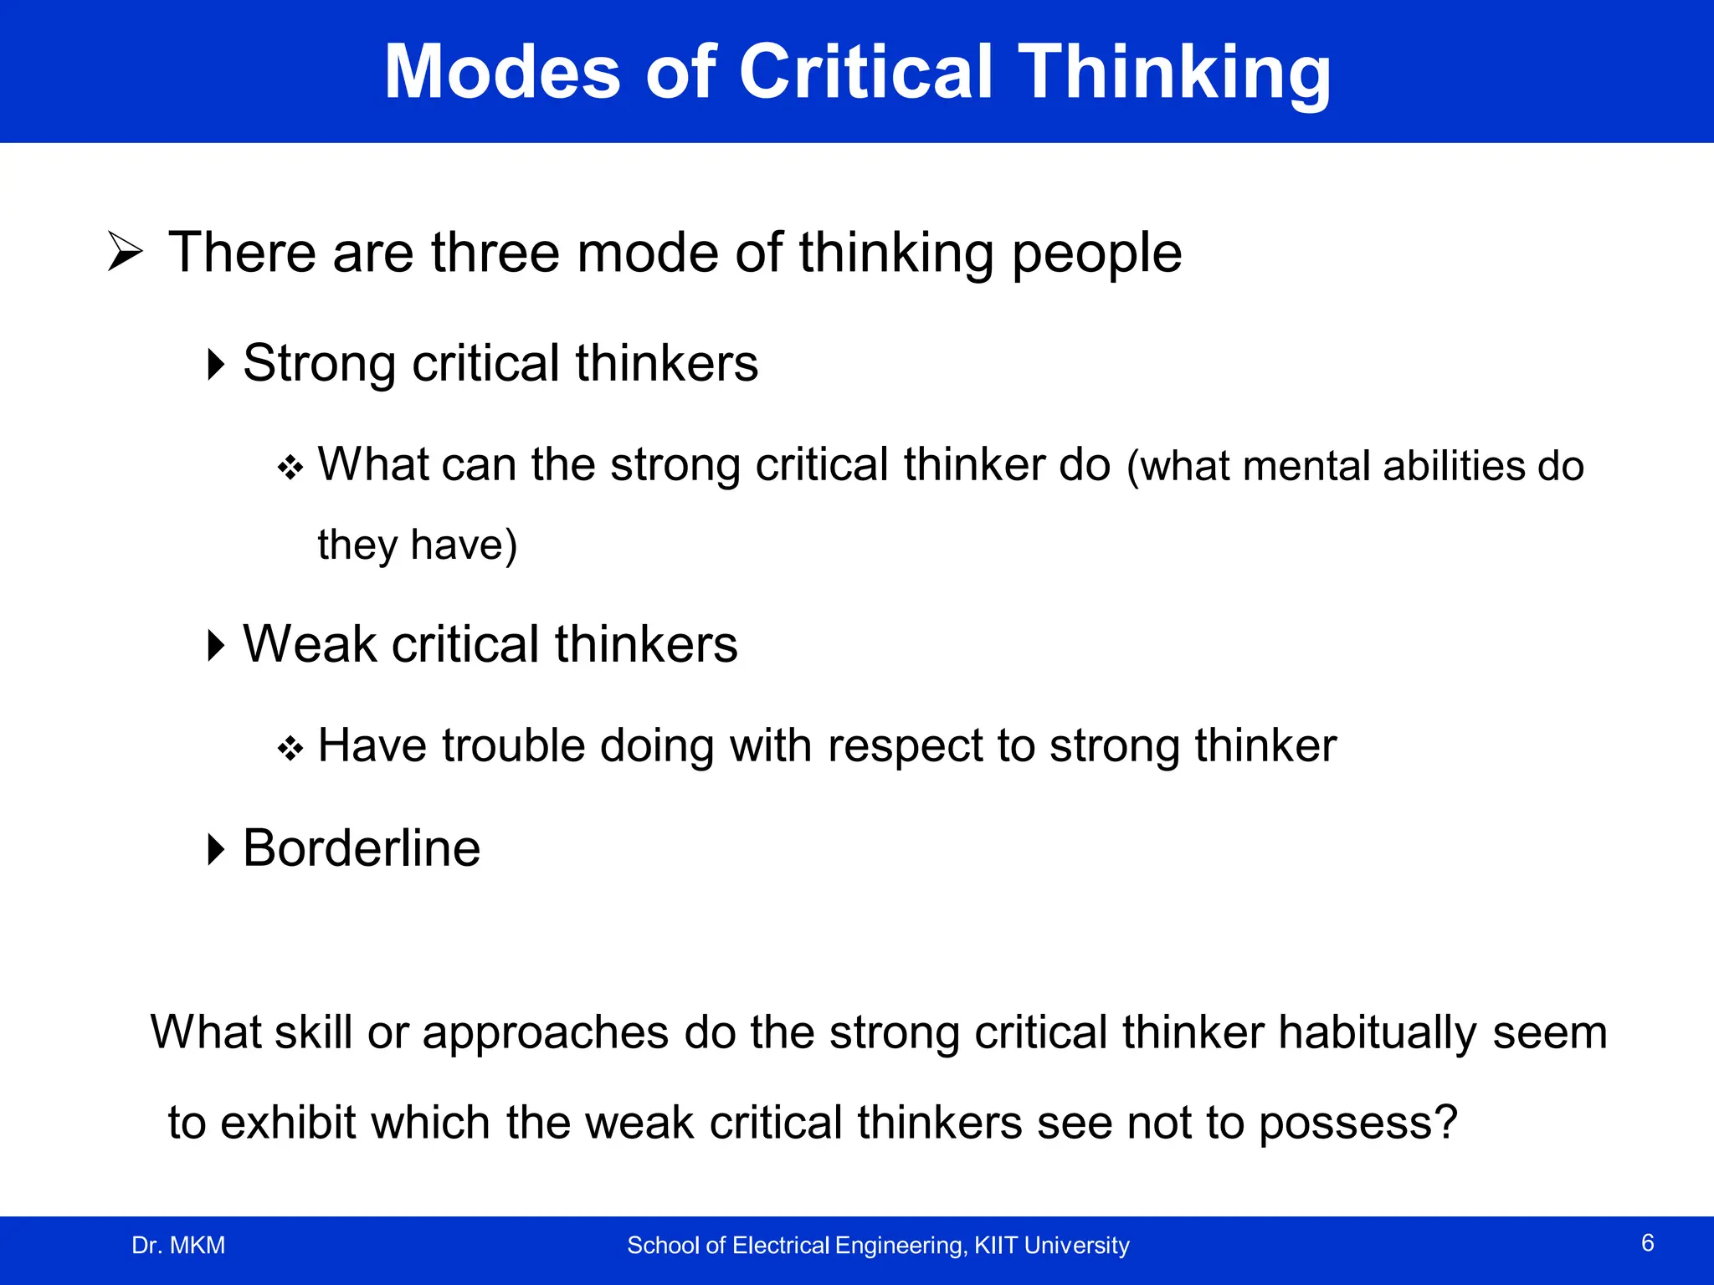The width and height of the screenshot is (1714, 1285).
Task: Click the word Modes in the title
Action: pos(501,73)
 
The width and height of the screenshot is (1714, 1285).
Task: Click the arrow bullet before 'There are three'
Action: pos(126,252)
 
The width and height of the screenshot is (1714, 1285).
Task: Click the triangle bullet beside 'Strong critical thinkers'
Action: pos(217,364)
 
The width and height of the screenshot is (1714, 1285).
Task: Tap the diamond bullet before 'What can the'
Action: pos(290,468)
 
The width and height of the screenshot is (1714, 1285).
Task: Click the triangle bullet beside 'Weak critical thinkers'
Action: pos(217,645)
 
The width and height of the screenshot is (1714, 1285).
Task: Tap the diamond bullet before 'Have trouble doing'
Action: pos(290,748)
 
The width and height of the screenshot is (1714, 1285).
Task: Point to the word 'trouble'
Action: pos(513,745)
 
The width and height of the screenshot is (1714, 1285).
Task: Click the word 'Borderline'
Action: pos(362,848)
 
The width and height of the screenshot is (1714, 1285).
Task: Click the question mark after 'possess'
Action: pos(1445,1123)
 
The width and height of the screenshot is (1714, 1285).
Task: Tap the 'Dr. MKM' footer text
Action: pos(178,1246)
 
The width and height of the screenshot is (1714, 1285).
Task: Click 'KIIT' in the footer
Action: pos(996,1246)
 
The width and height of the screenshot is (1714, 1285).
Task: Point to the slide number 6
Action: pos(1647,1243)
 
